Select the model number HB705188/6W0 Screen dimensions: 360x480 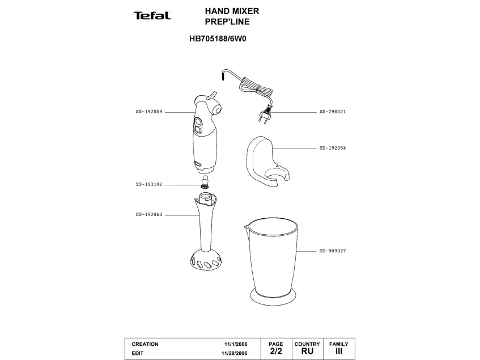[x=219, y=40]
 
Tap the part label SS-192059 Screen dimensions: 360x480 [x=149, y=112]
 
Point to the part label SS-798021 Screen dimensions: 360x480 [x=333, y=112]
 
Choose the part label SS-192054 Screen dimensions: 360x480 [x=333, y=148]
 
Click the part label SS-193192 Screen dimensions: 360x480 [x=149, y=184]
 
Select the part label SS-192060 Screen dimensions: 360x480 [x=149, y=214]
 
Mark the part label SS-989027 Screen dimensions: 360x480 [x=333, y=251]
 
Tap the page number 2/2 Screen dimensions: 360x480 [x=275, y=351]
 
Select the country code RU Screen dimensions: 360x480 [x=307, y=351]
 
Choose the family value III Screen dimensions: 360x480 [x=339, y=351]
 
